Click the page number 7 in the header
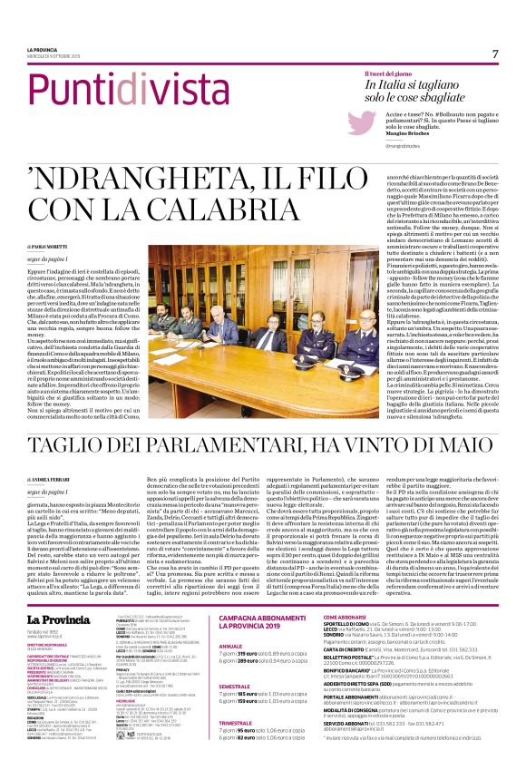click(495, 54)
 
